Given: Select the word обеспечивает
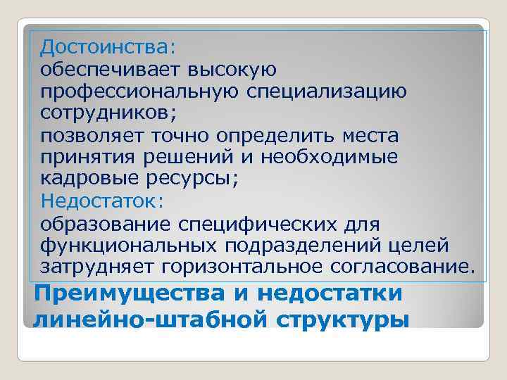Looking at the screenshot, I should [111, 70].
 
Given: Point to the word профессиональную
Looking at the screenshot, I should [140, 92].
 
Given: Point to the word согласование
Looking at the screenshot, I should [401, 267].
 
